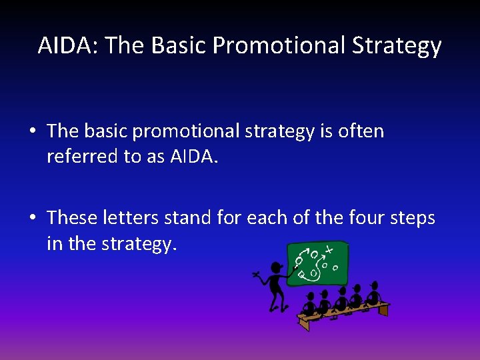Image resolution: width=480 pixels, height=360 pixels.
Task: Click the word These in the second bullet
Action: [72, 218]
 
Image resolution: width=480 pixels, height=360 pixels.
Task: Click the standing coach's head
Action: [275, 268]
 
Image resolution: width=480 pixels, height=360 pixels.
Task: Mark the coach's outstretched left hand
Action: [255, 274]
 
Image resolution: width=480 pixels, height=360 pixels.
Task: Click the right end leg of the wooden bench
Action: [383, 310]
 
